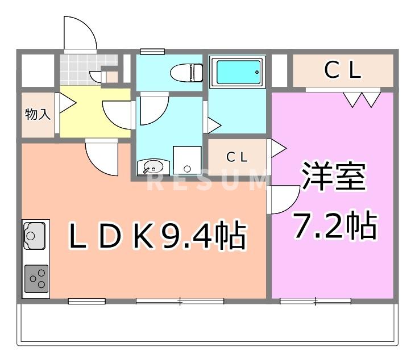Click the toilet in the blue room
186,72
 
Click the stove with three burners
36,278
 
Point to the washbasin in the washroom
153,167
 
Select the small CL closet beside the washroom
237,157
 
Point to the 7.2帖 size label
334,226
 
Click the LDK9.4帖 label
157,236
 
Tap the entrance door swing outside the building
78,34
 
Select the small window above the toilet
152,52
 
